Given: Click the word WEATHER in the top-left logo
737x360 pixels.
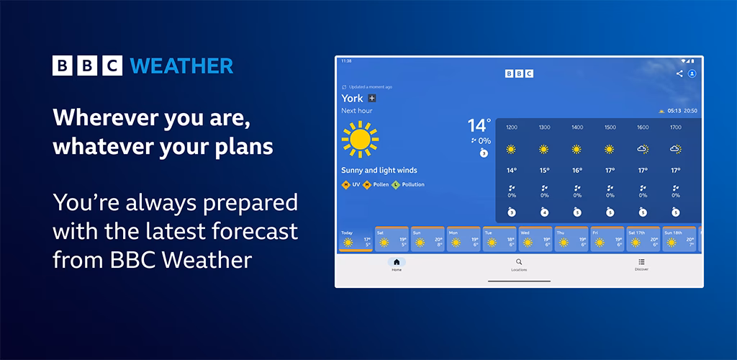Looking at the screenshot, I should pyautogui.click(x=181, y=66).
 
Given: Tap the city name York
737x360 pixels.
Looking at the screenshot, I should pyautogui.click(x=352, y=98).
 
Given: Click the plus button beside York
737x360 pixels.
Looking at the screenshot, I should pyautogui.click(x=372, y=98).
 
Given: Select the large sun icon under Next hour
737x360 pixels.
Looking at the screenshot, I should pyautogui.click(x=360, y=139).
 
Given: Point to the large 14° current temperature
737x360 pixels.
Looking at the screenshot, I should pyautogui.click(x=479, y=126).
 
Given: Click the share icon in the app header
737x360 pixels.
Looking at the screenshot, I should pyautogui.click(x=679, y=73).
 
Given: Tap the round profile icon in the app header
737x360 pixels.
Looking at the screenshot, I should pyautogui.click(x=692, y=73).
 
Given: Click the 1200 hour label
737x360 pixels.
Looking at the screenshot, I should pyautogui.click(x=511, y=127).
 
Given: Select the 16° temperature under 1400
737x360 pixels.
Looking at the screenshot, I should pyautogui.click(x=577, y=171).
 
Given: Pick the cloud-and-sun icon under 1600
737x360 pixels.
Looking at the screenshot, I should pyautogui.click(x=643, y=149).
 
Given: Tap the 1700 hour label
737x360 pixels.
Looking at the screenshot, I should pyautogui.click(x=675, y=127).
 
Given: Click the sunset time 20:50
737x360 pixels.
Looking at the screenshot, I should pyautogui.click(x=690, y=111).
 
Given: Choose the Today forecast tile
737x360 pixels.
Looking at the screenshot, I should pyautogui.click(x=356, y=240).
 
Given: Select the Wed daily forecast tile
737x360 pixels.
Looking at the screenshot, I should pyautogui.click(x=535, y=240).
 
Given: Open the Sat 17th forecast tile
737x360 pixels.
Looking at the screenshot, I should pyautogui.click(x=643, y=240).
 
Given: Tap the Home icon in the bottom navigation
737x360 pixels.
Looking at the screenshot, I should pyautogui.click(x=397, y=262).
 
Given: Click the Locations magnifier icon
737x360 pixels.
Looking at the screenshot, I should pyautogui.click(x=519, y=262).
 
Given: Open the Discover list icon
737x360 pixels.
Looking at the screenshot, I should pyautogui.click(x=641, y=262).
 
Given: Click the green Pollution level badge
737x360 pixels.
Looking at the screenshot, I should pyautogui.click(x=395, y=185).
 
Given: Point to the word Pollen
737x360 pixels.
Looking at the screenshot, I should pyautogui.click(x=380, y=185).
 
